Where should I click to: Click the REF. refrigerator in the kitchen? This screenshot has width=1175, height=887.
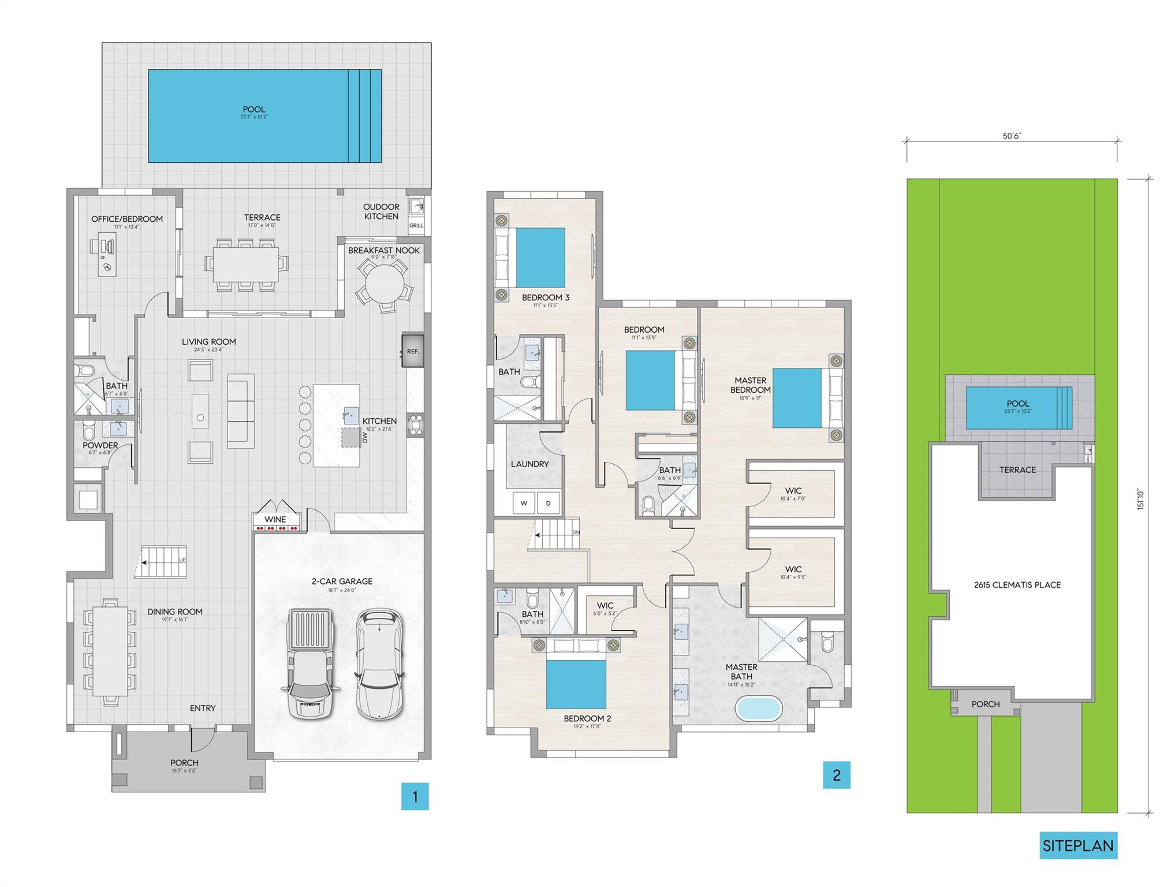pyautogui.click(x=413, y=351)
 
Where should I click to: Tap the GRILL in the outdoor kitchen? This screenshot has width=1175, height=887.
pyautogui.click(x=416, y=225)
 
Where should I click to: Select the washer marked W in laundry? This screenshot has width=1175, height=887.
pyautogui.click(x=524, y=503)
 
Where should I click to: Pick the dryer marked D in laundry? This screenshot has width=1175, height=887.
pyautogui.click(x=549, y=503)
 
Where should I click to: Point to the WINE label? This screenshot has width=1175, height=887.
pyautogui.click(x=275, y=519)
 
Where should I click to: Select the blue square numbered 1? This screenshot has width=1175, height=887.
pyautogui.click(x=415, y=796)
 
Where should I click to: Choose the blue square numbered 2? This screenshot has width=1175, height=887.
pyautogui.click(x=837, y=775)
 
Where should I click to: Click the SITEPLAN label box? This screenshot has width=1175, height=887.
pyautogui.click(x=1078, y=845)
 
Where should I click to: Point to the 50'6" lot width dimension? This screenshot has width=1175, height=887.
pyautogui.click(x=1012, y=136)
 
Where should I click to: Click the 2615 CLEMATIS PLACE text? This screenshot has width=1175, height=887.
pyautogui.click(x=1017, y=584)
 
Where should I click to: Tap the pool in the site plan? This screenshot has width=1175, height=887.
pyautogui.click(x=1019, y=408)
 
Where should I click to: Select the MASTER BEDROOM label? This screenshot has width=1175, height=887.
pyautogui.click(x=750, y=385)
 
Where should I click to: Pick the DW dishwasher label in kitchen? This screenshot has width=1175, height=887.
pyautogui.click(x=365, y=438)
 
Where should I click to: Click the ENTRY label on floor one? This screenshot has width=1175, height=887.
pyautogui.click(x=203, y=708)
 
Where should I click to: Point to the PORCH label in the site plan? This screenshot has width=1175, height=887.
pyautogui.click(x=986, y=704)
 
